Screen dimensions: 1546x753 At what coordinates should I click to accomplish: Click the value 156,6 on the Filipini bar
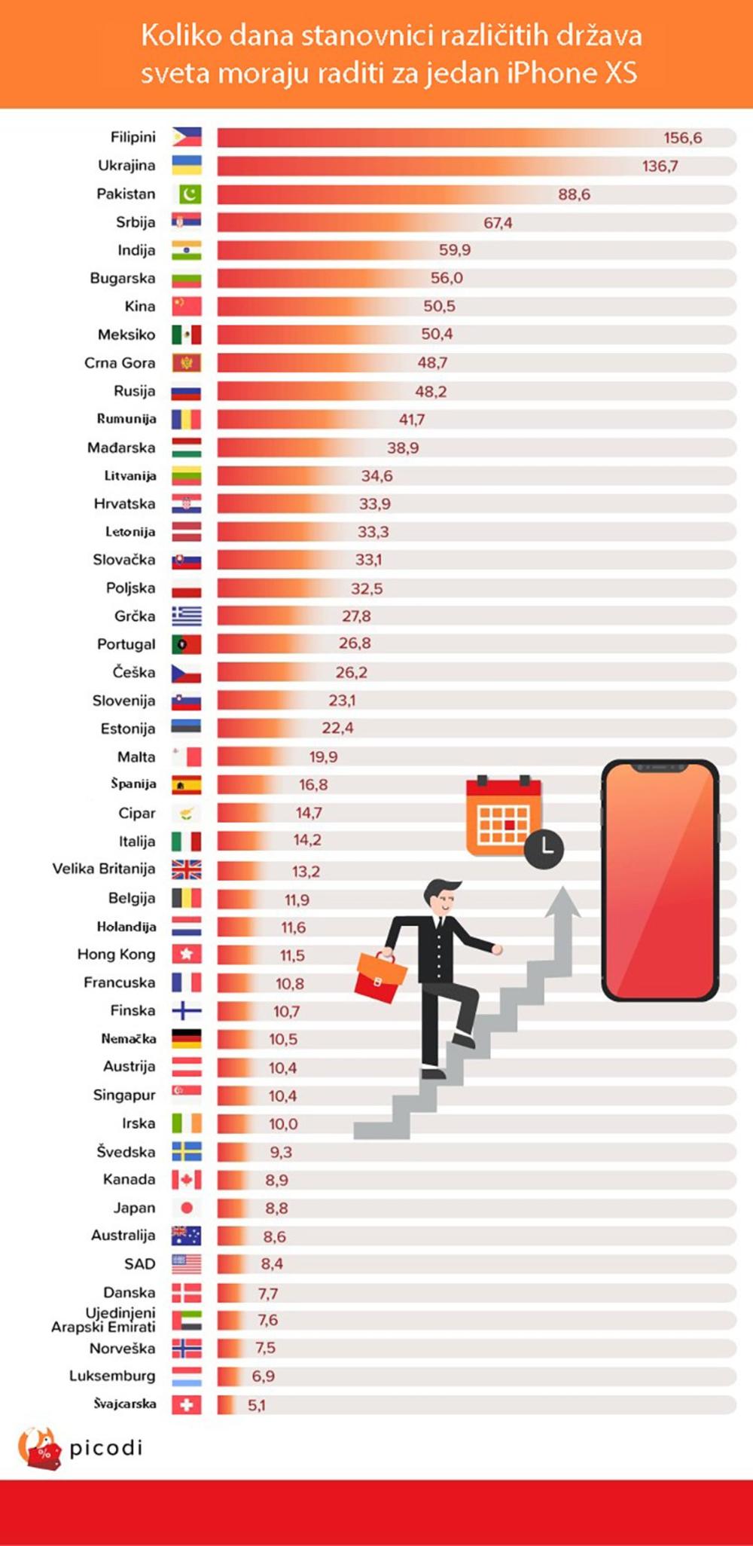point(682,138)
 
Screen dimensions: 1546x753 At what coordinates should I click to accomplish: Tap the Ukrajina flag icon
point(186,166)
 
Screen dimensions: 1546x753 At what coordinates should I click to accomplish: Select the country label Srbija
point(136,222)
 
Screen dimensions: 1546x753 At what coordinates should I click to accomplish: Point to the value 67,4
point(498,223)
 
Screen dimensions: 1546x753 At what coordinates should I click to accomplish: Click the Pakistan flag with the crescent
point(189,194)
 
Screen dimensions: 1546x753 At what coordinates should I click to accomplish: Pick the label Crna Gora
point(120,363)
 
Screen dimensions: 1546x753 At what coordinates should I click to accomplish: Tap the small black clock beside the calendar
point(544,848)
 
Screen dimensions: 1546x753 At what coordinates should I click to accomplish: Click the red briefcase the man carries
point(380,977)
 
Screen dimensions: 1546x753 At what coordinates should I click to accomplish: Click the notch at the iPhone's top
point(660,768)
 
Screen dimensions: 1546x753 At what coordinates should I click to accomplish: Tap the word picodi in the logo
point(105,1447)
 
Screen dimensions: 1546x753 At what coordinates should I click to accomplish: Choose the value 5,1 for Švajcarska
point(257,1405)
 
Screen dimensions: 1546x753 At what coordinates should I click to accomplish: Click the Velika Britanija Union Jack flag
point(186,869)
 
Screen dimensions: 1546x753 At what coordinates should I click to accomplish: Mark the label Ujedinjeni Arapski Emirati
point(105,1320)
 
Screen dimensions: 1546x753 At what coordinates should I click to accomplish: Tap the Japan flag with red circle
point(187,1208)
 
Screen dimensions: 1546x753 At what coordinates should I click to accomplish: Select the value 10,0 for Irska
point(283,1124)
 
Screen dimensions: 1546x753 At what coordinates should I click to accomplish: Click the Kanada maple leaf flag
point(186,1180)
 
